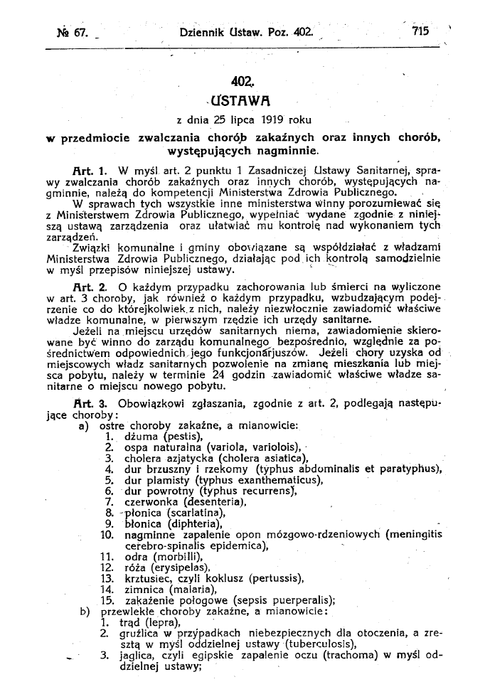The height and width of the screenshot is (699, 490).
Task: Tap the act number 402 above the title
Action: pyautogui.click(x=243, y=82)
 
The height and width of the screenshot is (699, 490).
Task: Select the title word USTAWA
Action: pyautogui.click(x=244, y=99)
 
